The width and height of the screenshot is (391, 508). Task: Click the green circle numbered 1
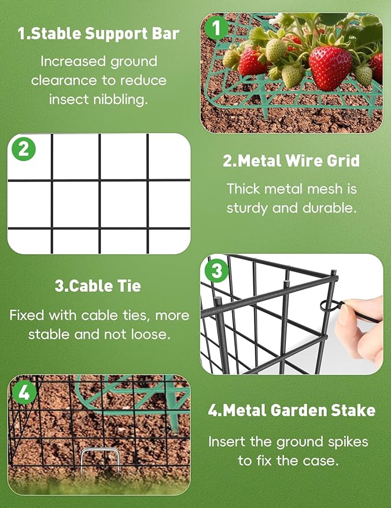tap(216, 28)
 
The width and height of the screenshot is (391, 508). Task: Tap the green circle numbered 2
tap(24, 149)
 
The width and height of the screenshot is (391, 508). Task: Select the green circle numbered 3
tap(216, 270)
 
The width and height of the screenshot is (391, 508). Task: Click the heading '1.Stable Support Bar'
tap(98, 34)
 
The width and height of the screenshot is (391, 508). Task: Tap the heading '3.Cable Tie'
tap(98, 285)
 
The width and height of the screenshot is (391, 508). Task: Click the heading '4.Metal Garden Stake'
tap(292, 410)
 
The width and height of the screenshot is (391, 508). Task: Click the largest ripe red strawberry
tap(330, 68)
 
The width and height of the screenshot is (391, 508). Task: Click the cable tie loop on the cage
tap(326, 306)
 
